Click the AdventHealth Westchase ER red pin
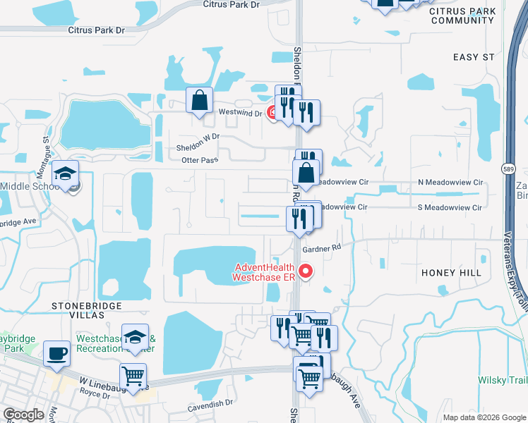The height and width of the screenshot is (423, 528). tap(306, 270)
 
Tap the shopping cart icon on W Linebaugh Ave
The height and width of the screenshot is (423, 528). tap(133, 377)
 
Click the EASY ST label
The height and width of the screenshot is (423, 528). tap(474, 57)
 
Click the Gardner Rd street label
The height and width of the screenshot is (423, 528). tap(321, 248)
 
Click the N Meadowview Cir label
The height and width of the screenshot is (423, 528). tap(450, 182)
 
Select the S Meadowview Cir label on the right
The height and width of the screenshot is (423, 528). tap(449, 207)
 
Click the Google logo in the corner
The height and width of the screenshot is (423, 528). tap(23, 415)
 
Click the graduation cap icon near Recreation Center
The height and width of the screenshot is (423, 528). tap(134, 338)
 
